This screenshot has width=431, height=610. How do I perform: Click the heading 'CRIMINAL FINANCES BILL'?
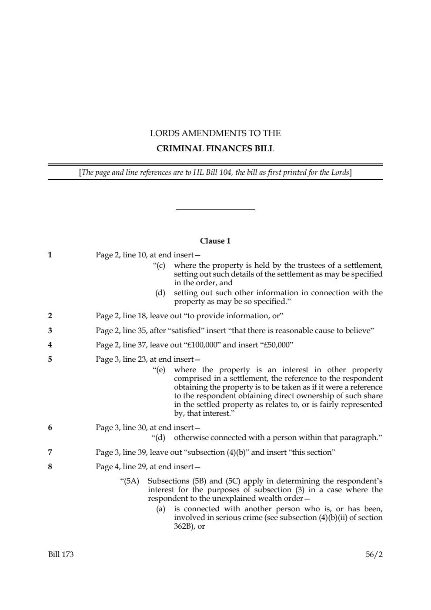coord(215,149)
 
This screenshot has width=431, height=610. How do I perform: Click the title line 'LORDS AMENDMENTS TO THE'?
coord(215,133)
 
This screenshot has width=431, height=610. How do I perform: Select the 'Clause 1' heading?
coord(215,241)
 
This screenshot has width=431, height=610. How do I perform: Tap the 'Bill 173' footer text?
coord(61,554)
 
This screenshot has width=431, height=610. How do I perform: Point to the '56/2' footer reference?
coord(374,554)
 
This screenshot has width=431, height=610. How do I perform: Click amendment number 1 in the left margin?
coord(50,255)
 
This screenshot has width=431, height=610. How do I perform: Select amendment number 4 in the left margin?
coord(50,345)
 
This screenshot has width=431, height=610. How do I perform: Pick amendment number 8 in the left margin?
coord(50,467)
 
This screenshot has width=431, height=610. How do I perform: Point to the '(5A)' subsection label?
coord(131,481)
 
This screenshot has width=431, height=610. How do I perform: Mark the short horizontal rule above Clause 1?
coord(215,210)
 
